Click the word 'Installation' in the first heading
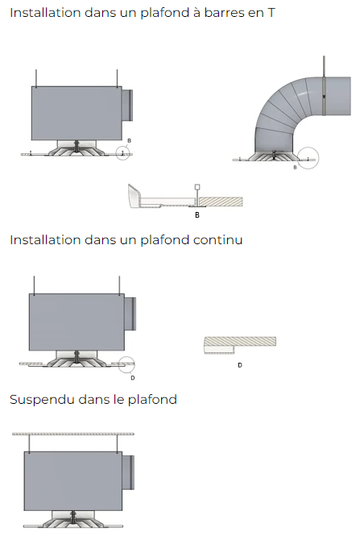point(45,13)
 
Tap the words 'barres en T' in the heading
point(239,13)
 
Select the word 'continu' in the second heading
point(217,240)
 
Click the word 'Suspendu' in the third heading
point(42,400)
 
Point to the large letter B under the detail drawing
point(197,215)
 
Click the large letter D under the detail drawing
point(240,365)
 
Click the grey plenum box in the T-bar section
point(77,113)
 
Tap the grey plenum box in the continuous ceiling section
point(77,322)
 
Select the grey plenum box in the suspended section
point(73,481)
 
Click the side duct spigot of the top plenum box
point(127,106)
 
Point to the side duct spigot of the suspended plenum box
point(128,472)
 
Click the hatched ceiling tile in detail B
point(221,202)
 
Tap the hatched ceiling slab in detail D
point(240,341)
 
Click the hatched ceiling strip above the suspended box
point(73,434)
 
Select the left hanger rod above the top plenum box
point(36,78)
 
